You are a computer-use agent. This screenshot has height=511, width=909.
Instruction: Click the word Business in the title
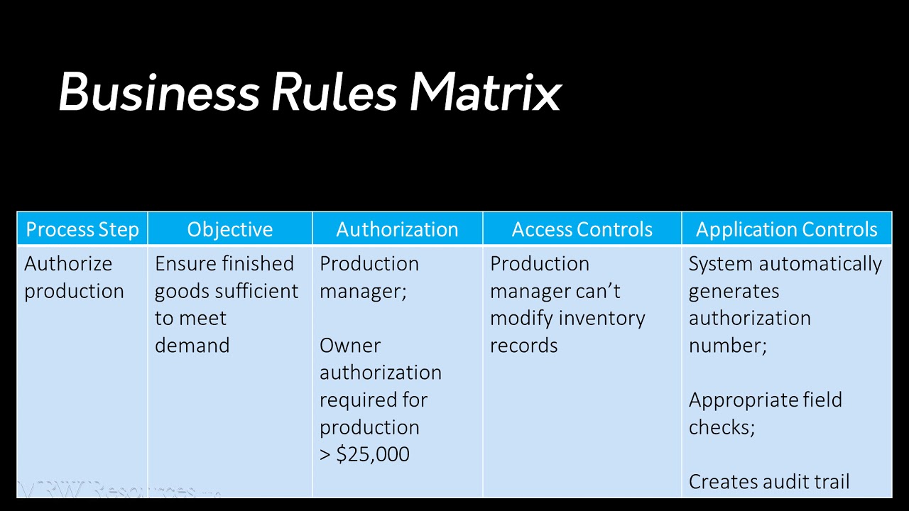pos(158,92)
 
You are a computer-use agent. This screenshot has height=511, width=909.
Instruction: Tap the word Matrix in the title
pos(485,92)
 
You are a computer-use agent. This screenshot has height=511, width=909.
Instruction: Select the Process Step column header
pos(82,229)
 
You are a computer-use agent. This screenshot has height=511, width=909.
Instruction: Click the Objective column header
pos(230,229)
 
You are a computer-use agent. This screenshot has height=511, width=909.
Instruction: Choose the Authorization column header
pos(397,229)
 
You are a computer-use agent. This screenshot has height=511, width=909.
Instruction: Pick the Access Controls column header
pos(582,229)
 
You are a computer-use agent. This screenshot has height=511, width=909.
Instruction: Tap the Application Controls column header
pos(786,229)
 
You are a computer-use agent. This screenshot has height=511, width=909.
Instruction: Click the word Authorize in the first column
pos(68,263)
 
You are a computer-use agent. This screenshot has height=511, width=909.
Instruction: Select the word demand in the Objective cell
pos(192,346)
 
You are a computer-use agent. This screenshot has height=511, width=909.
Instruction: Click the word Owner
pos(350,346)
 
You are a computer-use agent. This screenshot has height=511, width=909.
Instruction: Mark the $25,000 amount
pos(372,454)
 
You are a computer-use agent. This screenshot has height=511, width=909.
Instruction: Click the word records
pos(523,346)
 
